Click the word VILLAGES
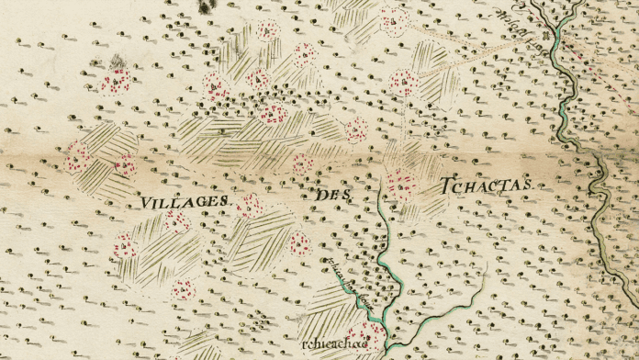[x=185, y=200]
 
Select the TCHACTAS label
[x=487, y=186]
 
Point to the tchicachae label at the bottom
[x=327, y=343]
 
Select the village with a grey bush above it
[x=116, y=83]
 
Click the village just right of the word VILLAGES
[x=249, y=206]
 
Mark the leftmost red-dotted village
[x=78, y=160]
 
